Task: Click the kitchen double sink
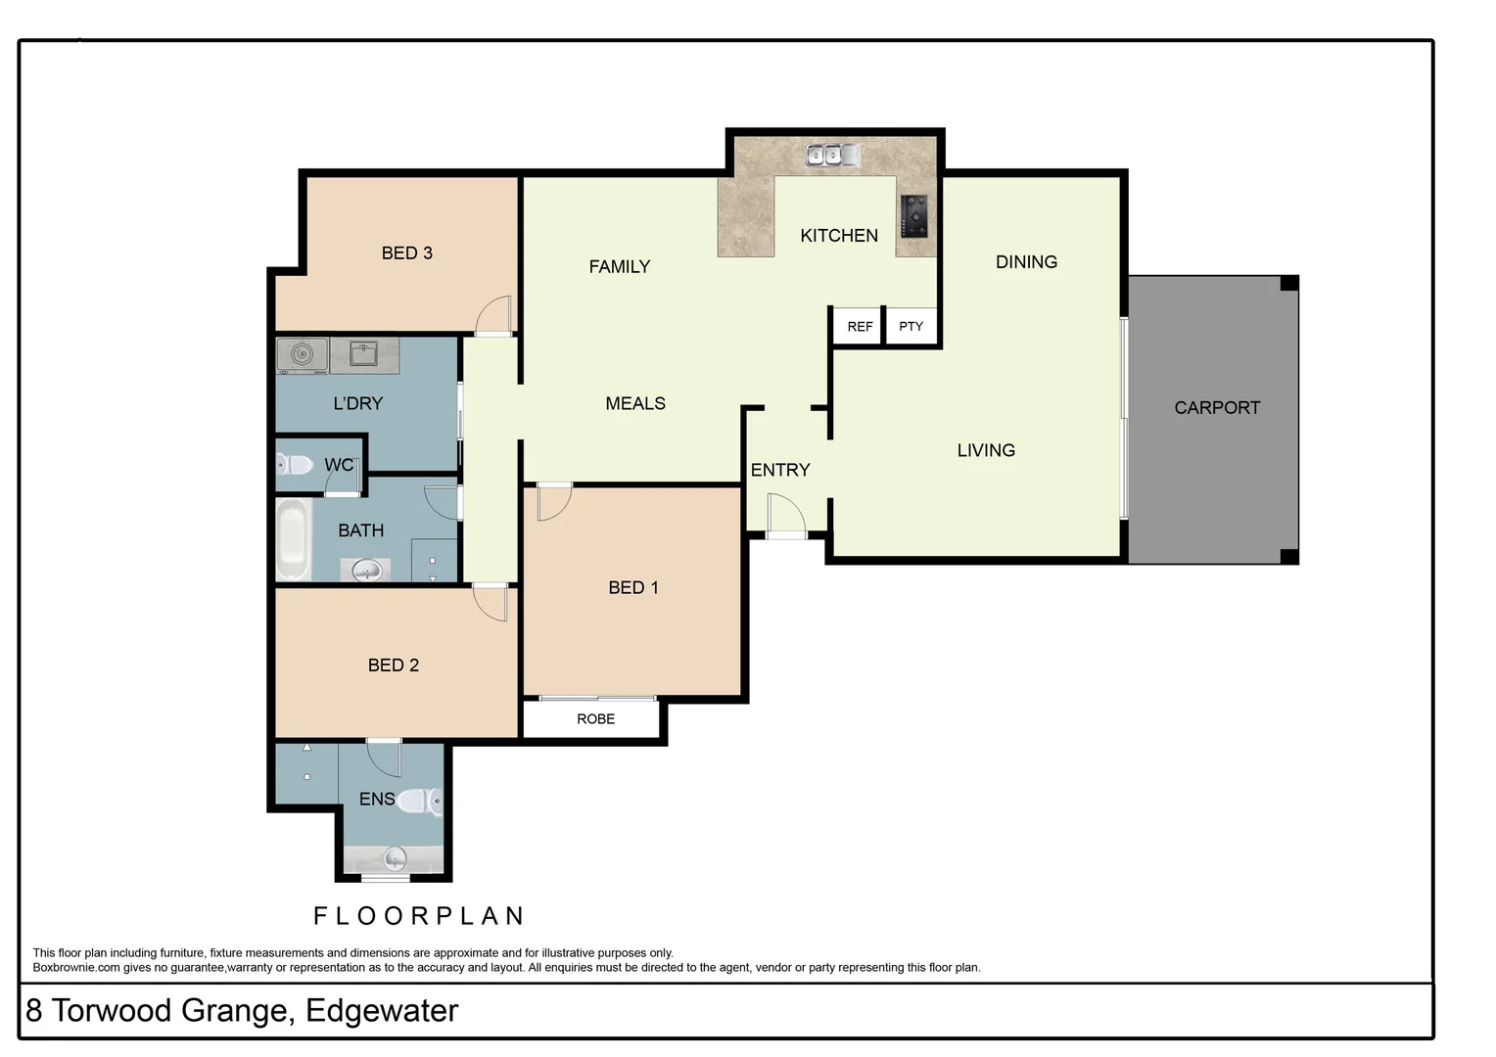click(832, 155)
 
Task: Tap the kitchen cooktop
click(914, 216)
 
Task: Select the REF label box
click(860, 326)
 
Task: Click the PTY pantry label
click(911, 326)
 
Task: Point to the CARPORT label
click(1217, 408)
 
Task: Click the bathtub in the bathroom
click(292, 540)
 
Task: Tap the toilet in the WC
click(295, 464)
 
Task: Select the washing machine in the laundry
click(303, 354)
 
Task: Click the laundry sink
click(364, 353)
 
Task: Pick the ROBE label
click(595, 719)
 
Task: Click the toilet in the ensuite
click(422, 802)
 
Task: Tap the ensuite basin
click(395, 859)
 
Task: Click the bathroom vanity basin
click(365, 570)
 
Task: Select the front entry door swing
click(785, 514)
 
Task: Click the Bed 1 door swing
click(554, 501)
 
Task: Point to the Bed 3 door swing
click(494, 315)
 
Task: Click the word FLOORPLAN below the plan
click(419, 916)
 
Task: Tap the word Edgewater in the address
click(382, 1011)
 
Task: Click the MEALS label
click(635, 403)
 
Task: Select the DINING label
click(1026, 262)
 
